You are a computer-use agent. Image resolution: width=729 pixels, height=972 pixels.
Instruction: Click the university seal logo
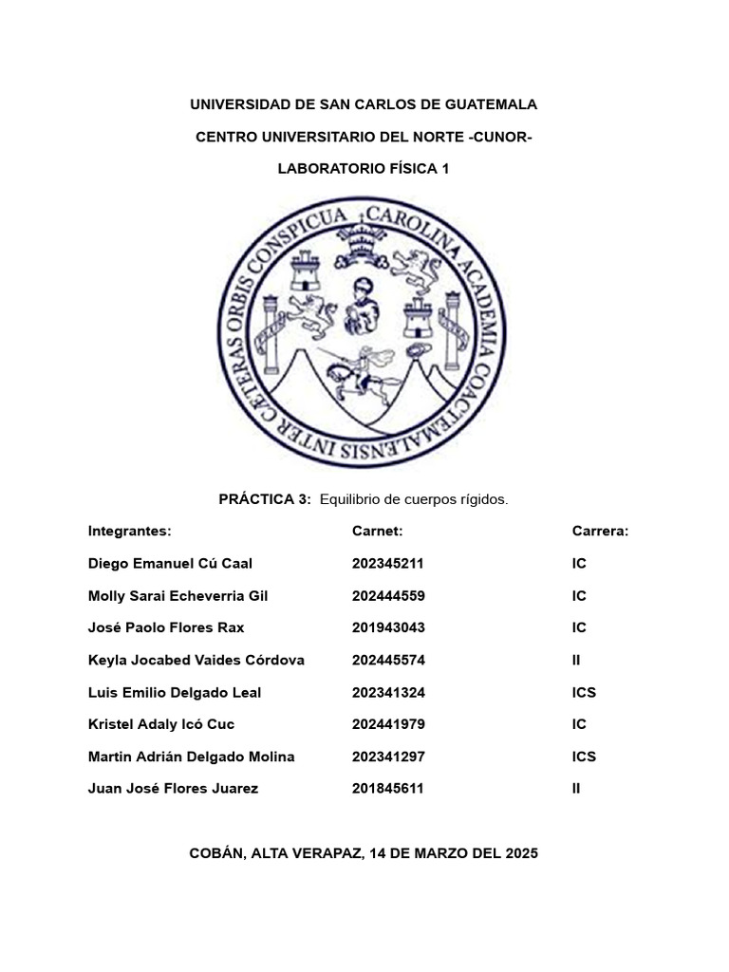[364, 335]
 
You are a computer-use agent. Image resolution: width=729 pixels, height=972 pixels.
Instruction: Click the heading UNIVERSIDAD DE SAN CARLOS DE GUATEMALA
[364, 104]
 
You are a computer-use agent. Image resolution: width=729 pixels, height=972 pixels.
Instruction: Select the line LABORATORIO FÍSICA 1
[364, 169]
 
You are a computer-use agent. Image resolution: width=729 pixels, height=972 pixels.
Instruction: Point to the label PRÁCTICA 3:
[266, 499]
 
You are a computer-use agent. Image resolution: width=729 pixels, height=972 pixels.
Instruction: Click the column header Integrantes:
[129, 532]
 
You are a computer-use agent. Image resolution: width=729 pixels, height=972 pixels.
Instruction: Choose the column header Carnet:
[378, 532]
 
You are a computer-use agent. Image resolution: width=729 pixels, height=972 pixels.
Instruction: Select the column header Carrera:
[600, 532]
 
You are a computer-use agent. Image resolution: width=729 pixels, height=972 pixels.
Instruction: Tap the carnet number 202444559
[387, 596]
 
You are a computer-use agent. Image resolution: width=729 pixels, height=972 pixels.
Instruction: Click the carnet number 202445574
[387, 661]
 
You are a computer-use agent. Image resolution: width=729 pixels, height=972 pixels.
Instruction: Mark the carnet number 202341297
[387, 757]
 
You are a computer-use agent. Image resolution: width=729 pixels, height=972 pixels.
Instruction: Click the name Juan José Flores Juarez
[173, 789]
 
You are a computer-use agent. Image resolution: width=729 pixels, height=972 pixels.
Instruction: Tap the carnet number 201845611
[387, 789]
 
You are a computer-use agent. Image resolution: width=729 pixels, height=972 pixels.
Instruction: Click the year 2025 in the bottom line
[522, 853]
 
